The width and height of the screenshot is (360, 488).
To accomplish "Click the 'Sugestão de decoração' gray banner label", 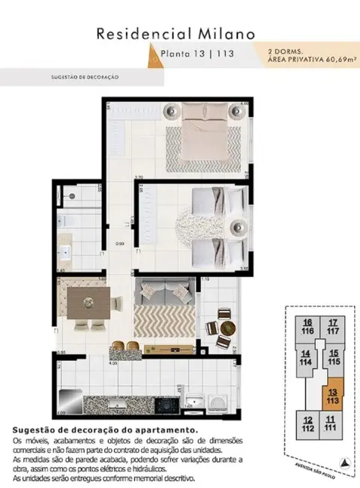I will (x=82, y=77).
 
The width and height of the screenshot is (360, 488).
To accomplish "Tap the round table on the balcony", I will (x=224, y=327).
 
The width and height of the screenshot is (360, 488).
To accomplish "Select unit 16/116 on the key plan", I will (x=307, y=327).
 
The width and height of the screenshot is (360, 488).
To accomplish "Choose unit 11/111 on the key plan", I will (x=331, y=423).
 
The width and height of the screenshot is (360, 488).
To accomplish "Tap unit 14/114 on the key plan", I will (x=306, y=357).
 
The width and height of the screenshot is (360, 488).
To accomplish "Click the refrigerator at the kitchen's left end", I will (x=64, y=399).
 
